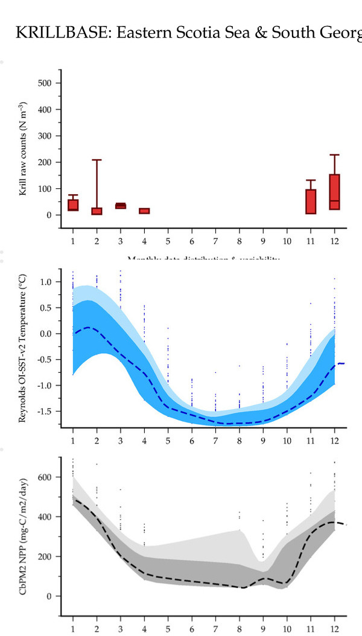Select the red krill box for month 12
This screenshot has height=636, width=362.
334,192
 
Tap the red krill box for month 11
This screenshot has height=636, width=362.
311,202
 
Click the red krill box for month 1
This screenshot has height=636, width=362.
73,205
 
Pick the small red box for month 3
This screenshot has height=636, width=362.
121,206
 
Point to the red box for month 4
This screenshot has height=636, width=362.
144,211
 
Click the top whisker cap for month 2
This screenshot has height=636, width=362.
97,160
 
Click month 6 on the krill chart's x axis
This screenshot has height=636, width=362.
192,241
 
